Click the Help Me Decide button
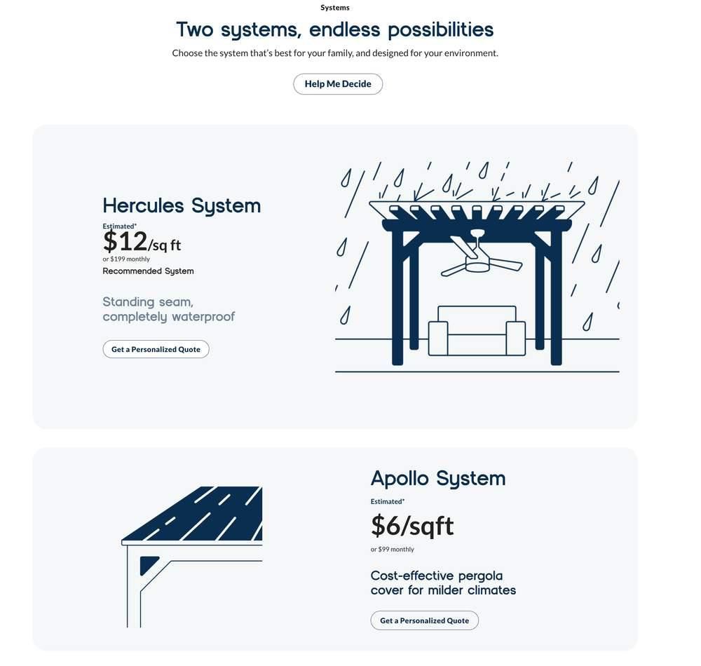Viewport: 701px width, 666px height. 338,84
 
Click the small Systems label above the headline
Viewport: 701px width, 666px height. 335,8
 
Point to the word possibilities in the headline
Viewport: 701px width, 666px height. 440,30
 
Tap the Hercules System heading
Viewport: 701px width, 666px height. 182,205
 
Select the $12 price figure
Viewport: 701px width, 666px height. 125,242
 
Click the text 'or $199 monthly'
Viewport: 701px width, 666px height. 126,259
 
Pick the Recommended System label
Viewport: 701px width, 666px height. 148,271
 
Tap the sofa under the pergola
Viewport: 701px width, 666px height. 477,333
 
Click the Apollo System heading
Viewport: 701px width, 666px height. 437,478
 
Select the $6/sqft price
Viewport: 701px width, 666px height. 412,526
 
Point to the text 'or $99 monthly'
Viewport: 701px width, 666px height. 393,550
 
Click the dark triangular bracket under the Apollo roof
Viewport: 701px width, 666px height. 147,564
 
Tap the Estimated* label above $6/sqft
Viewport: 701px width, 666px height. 388,502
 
